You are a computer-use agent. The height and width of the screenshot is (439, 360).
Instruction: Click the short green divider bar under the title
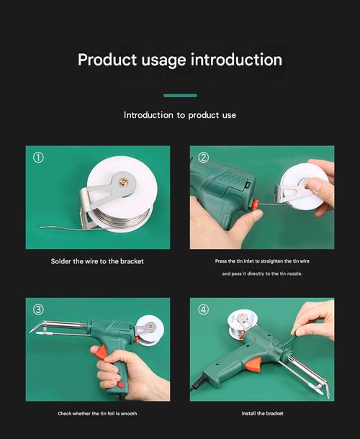tap(180, 95)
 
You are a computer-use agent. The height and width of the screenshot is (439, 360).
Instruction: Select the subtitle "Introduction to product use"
tap(180, 115)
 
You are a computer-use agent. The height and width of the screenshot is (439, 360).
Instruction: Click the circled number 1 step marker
tap(38, 158)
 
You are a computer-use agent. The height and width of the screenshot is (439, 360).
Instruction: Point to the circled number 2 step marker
tap(203, 158)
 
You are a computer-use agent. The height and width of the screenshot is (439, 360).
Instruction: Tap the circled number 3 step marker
tap(38, 309)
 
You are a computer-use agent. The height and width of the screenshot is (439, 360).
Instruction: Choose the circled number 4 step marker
tap(203, 309)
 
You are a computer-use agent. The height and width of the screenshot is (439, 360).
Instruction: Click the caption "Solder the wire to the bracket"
tap(97, 261)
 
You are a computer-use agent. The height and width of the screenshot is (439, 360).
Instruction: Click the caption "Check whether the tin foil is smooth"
tap(97, 414)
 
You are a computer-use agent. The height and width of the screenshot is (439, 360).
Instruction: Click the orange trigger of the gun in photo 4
tap(253, 364)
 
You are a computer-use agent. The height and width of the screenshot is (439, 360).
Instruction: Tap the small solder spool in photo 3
tap(150, 330)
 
